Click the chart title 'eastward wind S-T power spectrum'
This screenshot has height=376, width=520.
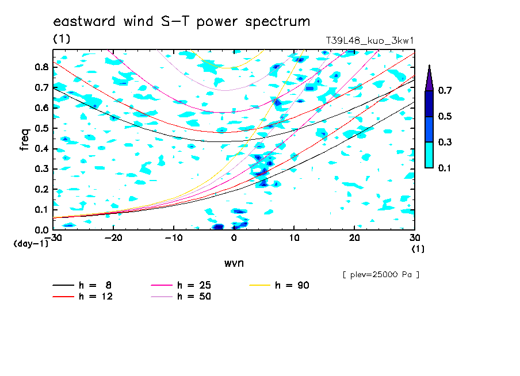(x=182, y=22)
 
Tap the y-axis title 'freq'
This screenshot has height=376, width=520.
(x=25, y=140)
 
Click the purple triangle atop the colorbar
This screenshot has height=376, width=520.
(x=429, y=78)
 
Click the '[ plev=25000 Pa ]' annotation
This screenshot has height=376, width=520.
(x=381, y=275)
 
